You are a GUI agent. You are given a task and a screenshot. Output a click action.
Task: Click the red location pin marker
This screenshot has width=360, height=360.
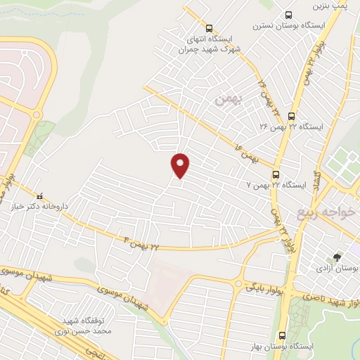[x=181, y=165]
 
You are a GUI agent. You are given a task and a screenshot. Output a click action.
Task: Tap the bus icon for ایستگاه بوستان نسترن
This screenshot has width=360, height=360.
[x=288, y=15]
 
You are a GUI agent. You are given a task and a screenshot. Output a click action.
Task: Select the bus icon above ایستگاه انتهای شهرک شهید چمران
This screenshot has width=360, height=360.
[x=209, y=28]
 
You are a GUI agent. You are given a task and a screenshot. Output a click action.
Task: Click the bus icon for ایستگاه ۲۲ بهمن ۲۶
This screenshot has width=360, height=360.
[x=292, y=116]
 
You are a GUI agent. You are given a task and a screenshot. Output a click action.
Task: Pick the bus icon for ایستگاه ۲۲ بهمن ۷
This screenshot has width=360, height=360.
[x=276, y=174]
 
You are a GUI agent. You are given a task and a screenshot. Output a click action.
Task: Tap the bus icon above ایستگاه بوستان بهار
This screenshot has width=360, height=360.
[x=282, y=335]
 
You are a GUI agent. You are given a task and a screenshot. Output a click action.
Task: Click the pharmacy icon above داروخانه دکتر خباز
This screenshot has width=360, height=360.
[x=40, y=197]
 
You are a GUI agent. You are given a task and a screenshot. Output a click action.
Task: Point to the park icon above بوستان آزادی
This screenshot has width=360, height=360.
[x=337, y=257]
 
